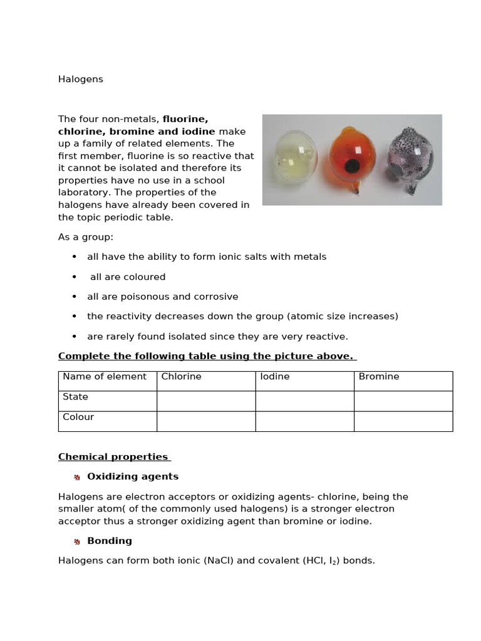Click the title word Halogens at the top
81,79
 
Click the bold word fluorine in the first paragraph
185,119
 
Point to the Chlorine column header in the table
181,377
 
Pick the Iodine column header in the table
275,377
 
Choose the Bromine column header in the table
379,377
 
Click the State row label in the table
76,397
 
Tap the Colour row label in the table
78,417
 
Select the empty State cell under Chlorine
206,401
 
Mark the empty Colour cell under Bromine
403,421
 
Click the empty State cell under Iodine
304,401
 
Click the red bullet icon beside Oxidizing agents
76,477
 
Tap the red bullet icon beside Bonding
76,541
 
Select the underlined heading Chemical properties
113,457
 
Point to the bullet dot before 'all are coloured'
75,277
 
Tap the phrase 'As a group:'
86,237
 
